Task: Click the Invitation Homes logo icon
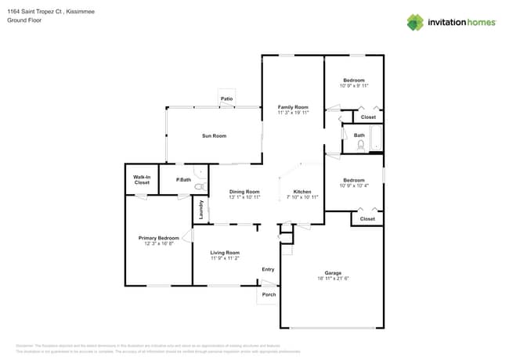[x=415, y=22]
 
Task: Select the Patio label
[x=227, y=99]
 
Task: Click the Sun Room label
[x=214, y=136]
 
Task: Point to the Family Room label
[x=293, y=106]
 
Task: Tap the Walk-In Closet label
[x=142, y=180]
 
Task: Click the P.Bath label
[x=184, y=180]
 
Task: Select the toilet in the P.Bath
[x=199, y=188]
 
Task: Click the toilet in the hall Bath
[x=361, y=145]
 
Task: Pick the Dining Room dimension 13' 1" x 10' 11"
[x=244, y=197]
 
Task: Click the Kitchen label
[x=302, y=192]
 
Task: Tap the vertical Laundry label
[x=200, y=210]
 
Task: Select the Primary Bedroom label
[x=158, y=238]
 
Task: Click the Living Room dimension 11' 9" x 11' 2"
[x=225, y=257]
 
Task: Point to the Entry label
[x=268, y=269]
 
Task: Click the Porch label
[x=269, y=294]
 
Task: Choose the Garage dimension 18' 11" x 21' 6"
[x=334, y=278]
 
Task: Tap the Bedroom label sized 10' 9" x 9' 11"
[x=353, y=80]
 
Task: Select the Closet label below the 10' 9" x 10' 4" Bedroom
[x=367, y=219]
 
